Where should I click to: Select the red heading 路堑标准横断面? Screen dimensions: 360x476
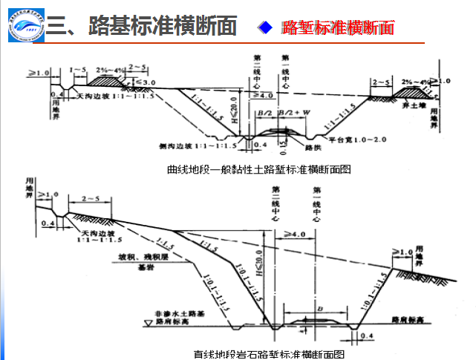(338, 28)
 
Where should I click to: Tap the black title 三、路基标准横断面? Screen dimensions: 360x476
(141, 27)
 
